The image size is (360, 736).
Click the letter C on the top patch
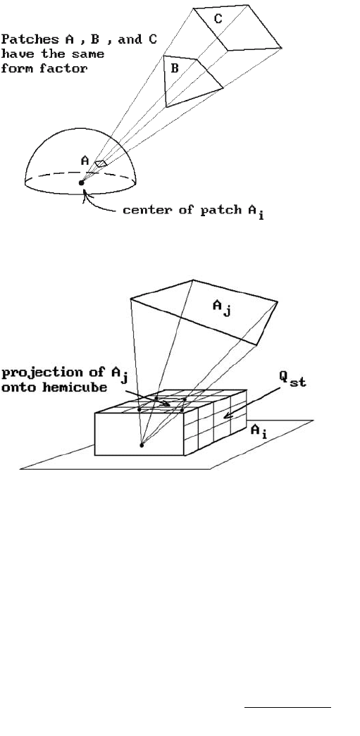(218, 19)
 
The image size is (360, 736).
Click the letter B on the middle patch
(175, 68)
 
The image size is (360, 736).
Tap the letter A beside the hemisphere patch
(85, 161)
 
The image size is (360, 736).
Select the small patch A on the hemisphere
(101, 163)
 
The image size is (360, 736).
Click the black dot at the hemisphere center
(81, 182)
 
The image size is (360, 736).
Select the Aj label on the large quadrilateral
(222, 308)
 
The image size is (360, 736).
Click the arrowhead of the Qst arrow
(225, 416)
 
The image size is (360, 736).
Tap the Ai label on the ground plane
(259, 431)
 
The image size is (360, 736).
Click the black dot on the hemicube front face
(142, 444)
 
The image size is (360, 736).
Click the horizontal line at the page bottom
(287, 706)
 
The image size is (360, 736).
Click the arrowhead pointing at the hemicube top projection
(166, 404)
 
